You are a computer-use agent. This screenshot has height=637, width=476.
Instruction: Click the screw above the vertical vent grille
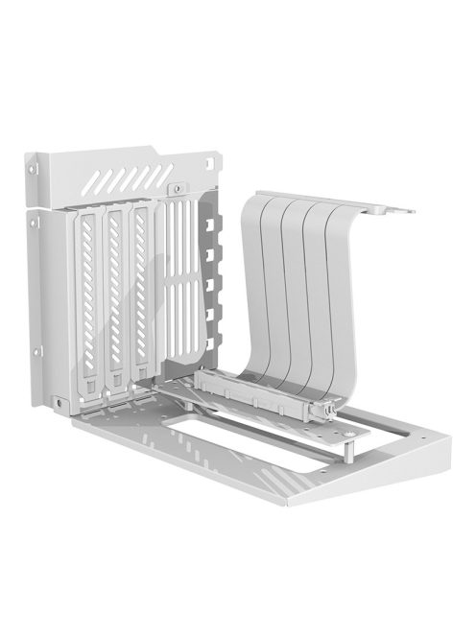178,190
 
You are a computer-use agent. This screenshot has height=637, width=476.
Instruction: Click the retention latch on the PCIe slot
325,412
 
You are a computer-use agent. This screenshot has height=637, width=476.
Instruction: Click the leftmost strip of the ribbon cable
257,288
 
